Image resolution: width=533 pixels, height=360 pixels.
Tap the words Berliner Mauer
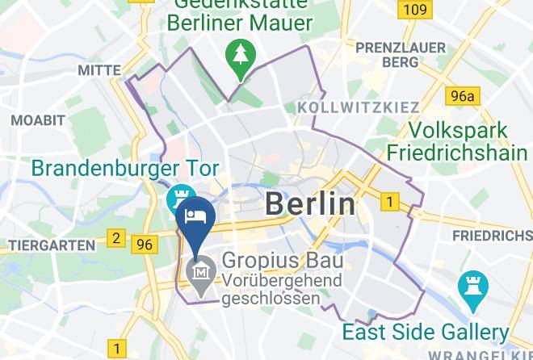pyautogui.click(x=239, y=23)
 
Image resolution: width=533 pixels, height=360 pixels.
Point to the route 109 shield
pyautogui.click(x=414, y=10)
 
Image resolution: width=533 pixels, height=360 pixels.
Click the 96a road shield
pyautogui.click(x=464, y=97)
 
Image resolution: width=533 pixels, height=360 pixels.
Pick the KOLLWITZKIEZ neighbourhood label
pyautogui.click(x=358, y=107)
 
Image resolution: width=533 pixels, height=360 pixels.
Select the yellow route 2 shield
pyautogui.click(x=117, y=237)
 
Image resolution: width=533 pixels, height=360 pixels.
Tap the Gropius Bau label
pyautogui.click(x=282, y=262)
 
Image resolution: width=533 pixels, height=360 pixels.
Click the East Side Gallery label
pyautogui.click(x=426, y=332)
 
